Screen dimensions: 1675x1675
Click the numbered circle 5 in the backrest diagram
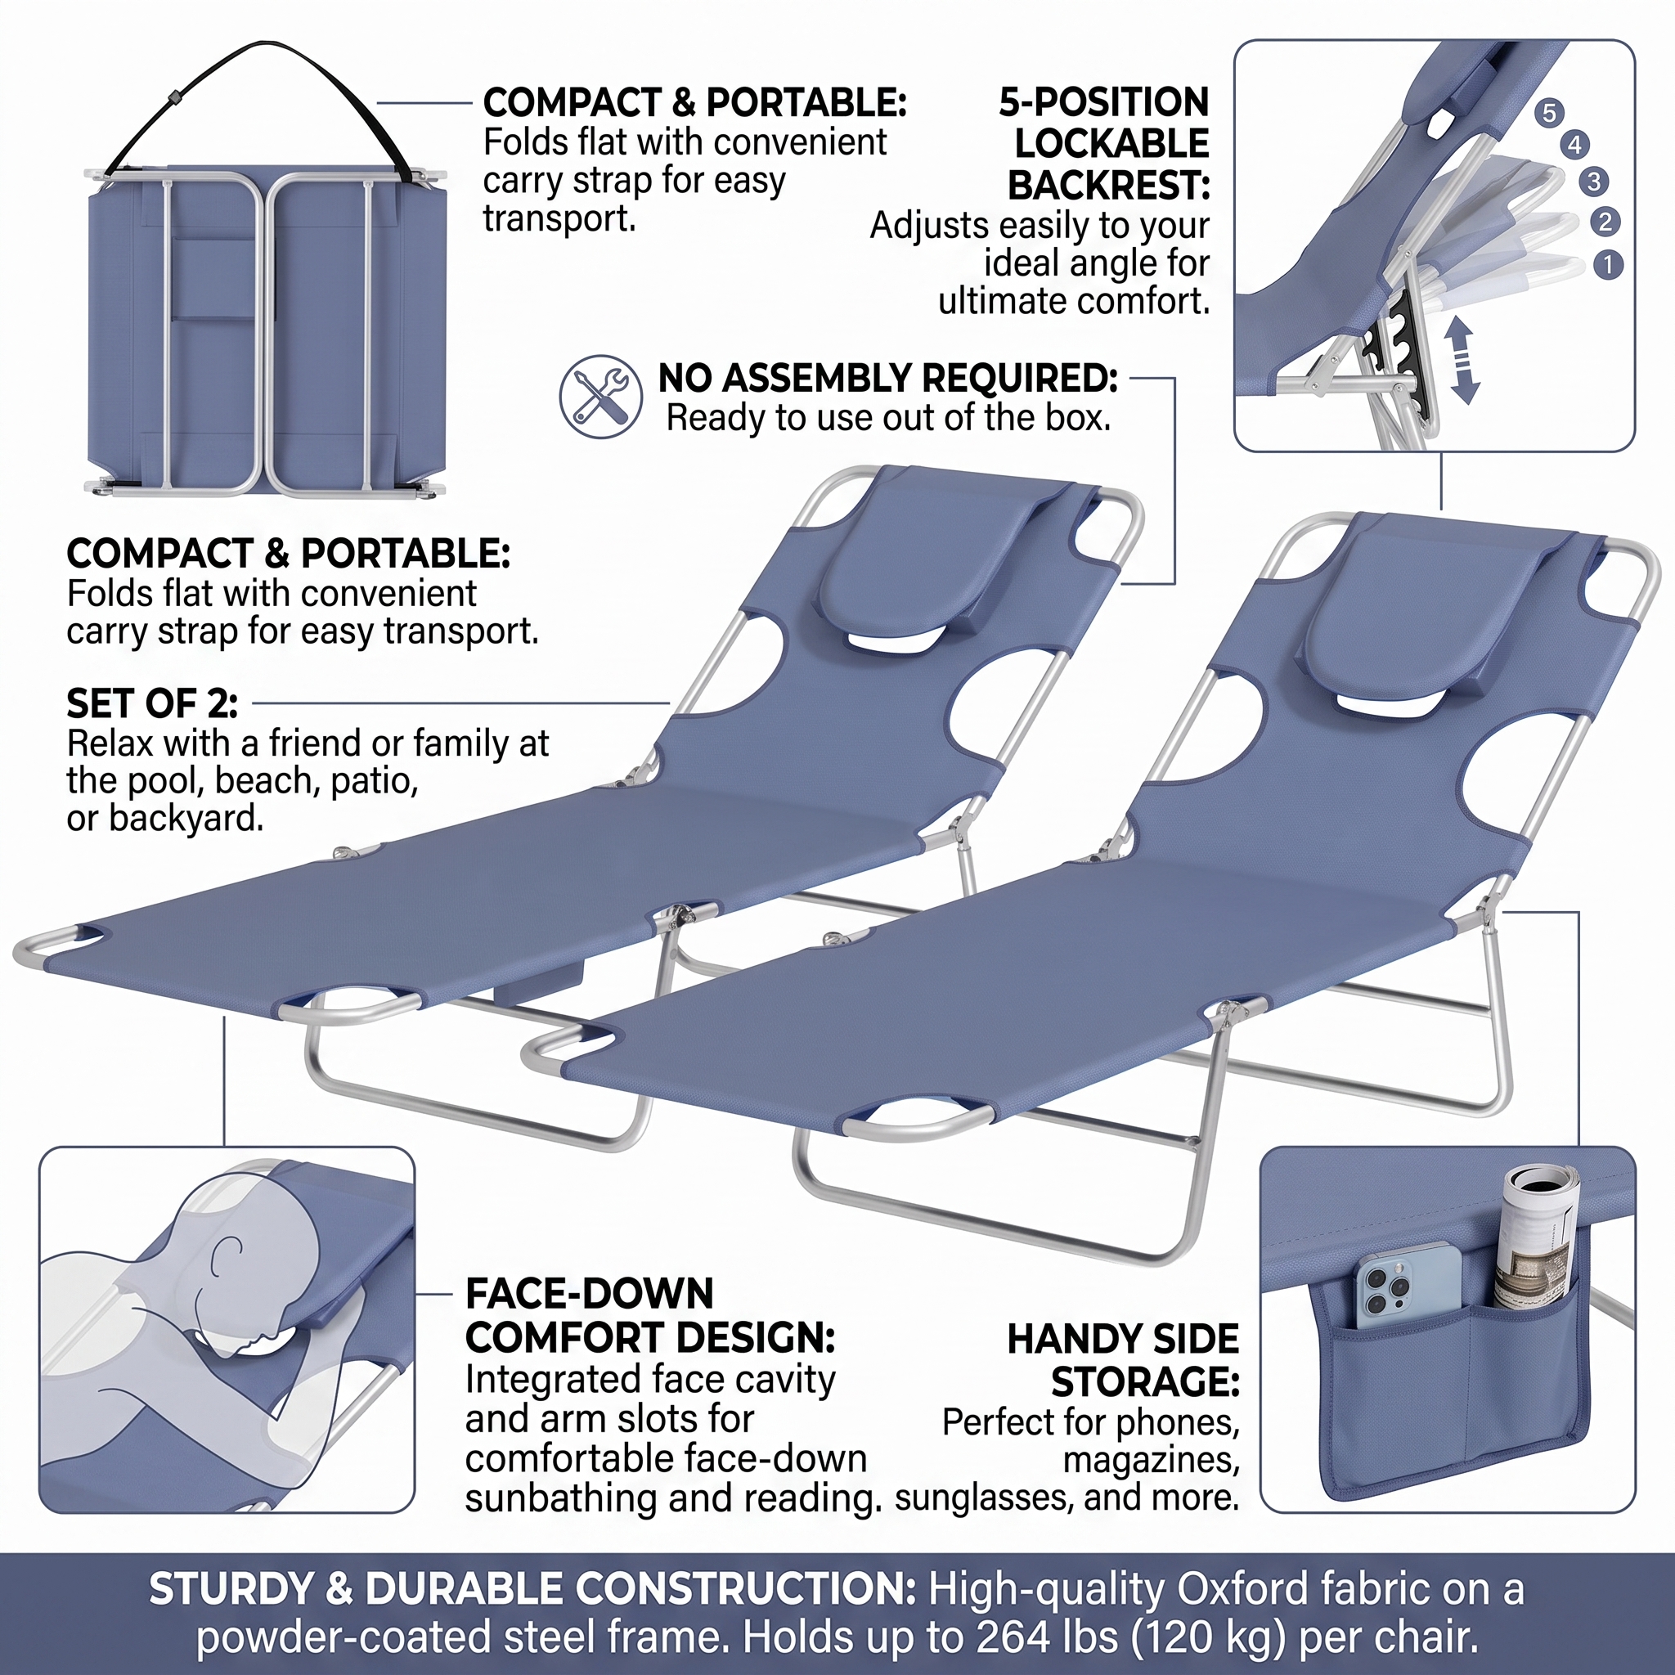click(x=1548, y=113)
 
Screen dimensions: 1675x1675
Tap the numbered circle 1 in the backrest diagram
click(x=1608, y=264)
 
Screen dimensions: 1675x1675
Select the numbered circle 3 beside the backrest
click(x=1593, y=182)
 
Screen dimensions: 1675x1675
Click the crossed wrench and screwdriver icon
click(x=601, y=396)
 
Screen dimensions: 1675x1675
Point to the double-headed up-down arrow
click(x=1462, y=360)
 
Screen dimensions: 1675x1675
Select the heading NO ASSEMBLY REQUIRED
click(x=887, y=379)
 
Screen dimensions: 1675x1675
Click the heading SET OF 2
click(x=153, y=704)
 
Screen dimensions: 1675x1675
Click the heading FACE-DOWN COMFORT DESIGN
click(x=650, y=1316)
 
